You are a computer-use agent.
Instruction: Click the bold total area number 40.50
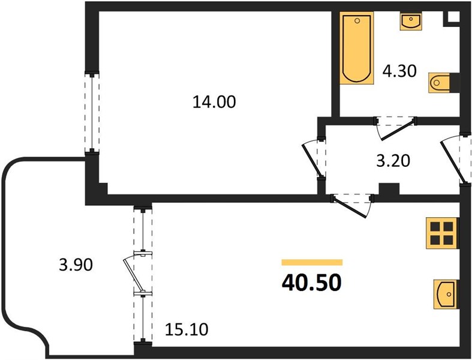point(311,283)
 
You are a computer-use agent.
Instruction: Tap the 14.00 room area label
point(214,102)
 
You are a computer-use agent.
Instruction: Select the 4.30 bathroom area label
point(399,71)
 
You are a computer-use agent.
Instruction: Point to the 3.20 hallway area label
point(393,160)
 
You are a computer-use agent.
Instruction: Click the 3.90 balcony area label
point(76,265)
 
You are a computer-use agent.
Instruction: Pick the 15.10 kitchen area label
point(187,329)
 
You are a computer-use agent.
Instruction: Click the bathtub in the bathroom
point(357,47)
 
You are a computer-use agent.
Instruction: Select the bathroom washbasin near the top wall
point(411,21)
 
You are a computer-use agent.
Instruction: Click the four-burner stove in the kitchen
point(441,233)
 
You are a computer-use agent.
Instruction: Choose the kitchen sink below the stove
point(445,294)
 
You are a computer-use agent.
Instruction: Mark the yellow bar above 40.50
point(312,262)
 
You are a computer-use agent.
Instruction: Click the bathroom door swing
point(396,129)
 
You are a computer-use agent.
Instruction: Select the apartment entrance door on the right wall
point(453,160)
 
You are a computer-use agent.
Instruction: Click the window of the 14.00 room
point(92,112)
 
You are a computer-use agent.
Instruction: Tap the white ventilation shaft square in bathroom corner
point(454,17)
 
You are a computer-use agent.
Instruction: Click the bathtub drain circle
point(357,20)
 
